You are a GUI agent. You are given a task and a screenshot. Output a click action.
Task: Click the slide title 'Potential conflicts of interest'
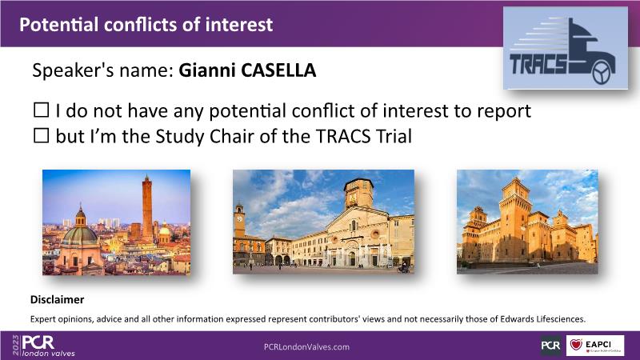(146, 25)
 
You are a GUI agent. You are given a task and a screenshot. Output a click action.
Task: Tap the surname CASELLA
(278, 70)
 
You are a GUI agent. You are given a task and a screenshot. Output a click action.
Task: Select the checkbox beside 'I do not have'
(42, 110)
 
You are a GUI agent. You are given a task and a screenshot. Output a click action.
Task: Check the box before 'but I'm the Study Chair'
(42, 135)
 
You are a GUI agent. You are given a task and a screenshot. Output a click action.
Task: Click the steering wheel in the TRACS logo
(601, 73)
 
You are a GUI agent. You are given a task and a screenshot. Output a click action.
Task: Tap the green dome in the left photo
(79, 234)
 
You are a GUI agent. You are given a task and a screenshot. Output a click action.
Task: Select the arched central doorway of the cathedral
(351, 258)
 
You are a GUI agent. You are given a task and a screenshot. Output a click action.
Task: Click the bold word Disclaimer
(57, 299)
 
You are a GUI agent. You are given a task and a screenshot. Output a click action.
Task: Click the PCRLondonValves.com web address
(306, 347)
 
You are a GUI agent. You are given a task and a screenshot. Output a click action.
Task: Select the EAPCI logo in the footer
(595, 346)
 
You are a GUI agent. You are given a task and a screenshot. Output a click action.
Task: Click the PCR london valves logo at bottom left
(44, 346)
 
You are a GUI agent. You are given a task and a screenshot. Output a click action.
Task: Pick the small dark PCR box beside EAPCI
(550, 346)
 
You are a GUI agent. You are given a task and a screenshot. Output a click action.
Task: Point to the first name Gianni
(208, 70)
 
